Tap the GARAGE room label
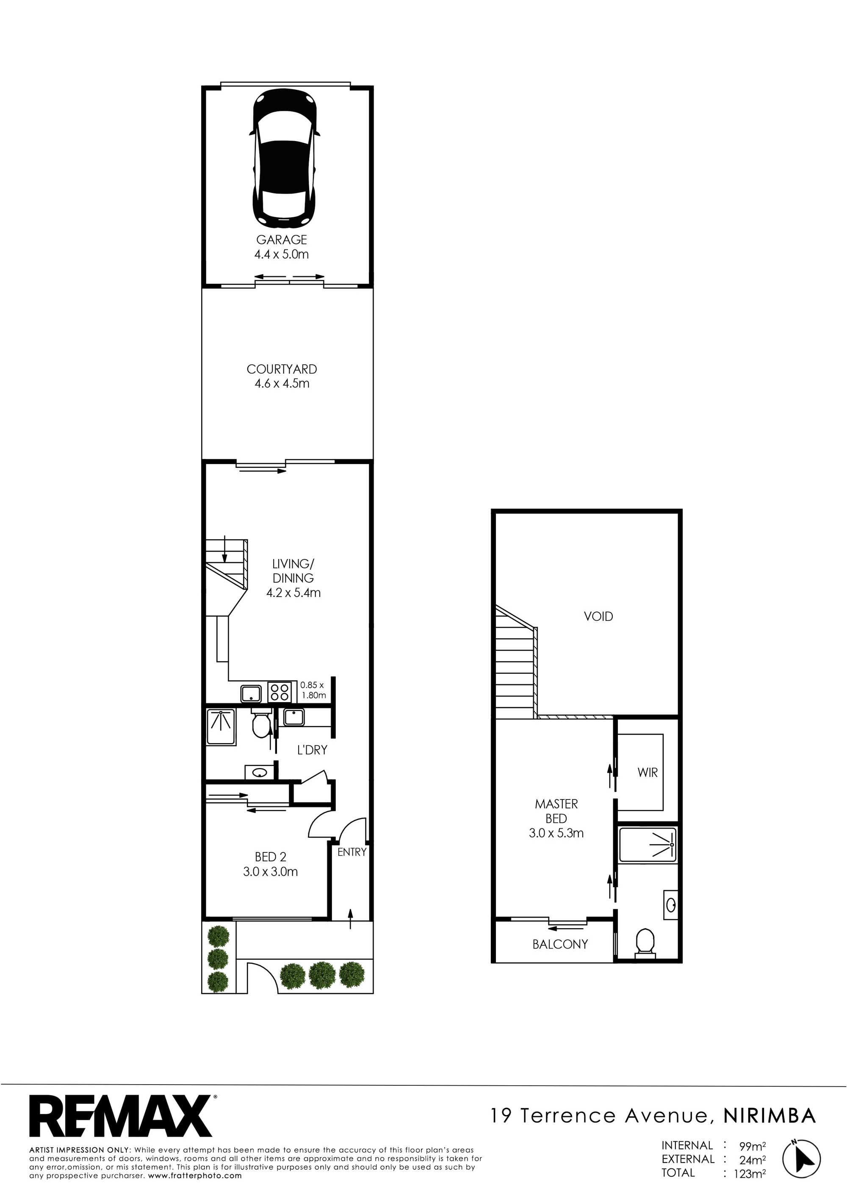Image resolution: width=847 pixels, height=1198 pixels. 281,240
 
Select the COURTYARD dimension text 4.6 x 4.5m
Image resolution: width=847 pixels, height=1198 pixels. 281,384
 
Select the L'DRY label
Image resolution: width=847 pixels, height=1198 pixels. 312,750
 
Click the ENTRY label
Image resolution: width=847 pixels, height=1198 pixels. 352,852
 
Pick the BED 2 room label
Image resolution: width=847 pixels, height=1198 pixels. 270,857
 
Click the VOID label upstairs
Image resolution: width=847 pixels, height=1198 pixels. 598,616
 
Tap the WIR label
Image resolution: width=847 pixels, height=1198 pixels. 647,772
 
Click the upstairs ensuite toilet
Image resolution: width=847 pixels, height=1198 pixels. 645,943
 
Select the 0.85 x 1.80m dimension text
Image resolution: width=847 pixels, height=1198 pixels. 313,690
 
